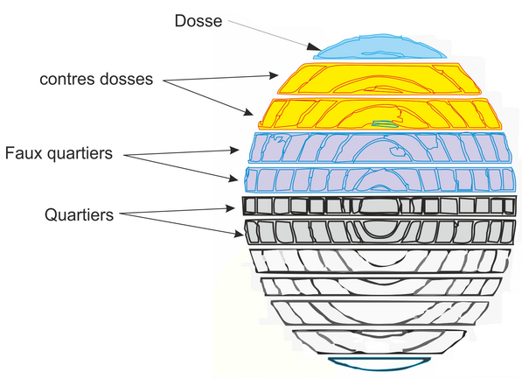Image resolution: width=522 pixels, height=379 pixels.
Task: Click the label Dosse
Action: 198,21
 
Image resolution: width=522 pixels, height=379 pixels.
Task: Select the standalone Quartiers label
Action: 80,215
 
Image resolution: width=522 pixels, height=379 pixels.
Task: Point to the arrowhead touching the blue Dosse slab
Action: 314,47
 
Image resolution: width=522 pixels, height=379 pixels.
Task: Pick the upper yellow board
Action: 379,79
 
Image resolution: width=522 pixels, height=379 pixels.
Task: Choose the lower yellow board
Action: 380,114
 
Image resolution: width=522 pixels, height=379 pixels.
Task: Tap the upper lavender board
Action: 380,148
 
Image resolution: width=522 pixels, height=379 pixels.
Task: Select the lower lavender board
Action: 380,179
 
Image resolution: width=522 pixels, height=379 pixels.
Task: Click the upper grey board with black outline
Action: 379,206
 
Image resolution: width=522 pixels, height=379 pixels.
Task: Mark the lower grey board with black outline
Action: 380,232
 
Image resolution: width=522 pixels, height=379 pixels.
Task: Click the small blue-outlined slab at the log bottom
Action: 379,363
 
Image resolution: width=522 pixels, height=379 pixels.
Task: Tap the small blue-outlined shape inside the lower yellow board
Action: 386,124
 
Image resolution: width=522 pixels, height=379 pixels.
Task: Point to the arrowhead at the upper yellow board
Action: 274,75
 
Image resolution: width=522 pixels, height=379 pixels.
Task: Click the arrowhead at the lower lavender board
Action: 233,179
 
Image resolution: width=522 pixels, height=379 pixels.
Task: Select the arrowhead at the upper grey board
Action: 230,208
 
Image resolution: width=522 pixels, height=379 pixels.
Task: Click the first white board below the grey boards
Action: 380,261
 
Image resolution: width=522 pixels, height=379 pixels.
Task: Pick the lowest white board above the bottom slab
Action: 379,341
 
